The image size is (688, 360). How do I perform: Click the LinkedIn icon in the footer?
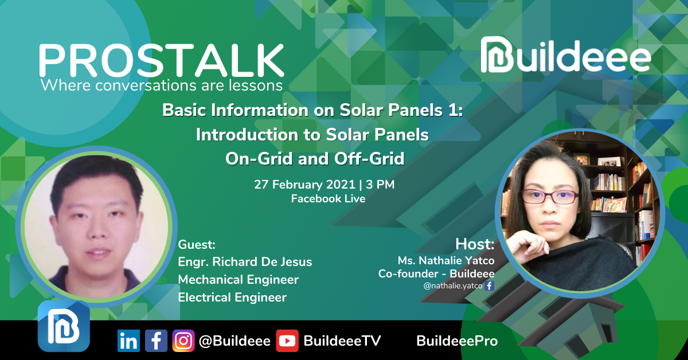click(128, 341)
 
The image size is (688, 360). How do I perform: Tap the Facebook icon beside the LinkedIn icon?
click(156, 341)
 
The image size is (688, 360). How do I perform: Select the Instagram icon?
click(183, 341)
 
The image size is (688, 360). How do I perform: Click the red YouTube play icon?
click(287, 341)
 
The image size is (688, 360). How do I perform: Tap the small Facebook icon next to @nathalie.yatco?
click(489, 286)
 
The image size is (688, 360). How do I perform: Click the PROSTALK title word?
click(162, 60)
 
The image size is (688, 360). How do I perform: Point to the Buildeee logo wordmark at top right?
click(565, 55)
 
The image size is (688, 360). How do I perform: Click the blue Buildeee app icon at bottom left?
click(64, 326)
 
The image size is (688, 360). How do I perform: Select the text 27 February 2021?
click(304, 185)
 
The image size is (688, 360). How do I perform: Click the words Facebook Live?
click(328, 199)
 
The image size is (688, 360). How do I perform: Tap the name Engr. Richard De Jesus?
click(245, 262)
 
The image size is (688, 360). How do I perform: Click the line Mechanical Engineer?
click(239, 280)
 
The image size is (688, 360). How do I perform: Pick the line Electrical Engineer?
click(232, 298)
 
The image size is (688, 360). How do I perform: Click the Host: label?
click(475, 244)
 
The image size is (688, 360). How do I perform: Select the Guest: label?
click(197, 245)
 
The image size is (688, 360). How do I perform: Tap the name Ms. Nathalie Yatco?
click(446, 260)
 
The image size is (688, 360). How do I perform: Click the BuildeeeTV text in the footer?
click(342, 341)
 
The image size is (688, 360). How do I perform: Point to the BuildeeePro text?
click(457, 341)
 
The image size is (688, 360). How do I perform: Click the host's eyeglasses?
click(550, 197)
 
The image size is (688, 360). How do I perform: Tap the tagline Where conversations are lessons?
click(162, 85)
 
